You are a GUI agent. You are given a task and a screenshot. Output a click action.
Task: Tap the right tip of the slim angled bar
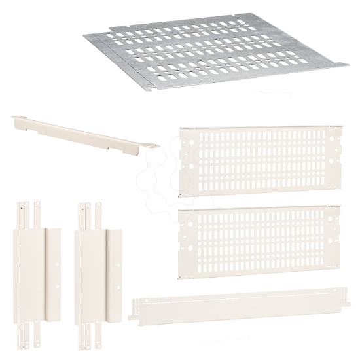point(155,145)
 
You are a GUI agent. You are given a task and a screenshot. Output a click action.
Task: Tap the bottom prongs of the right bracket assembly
point(89,340)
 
